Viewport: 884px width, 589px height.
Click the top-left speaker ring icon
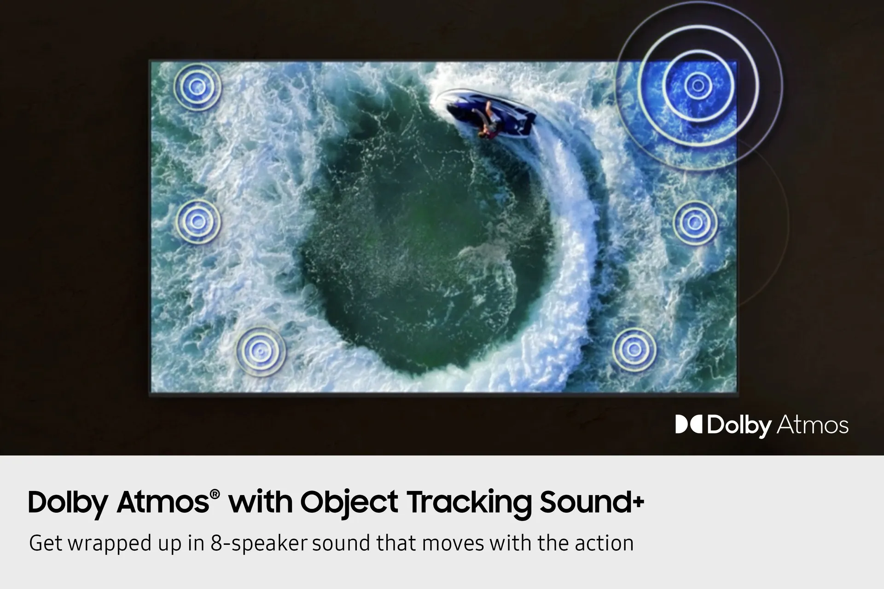pos(198,87)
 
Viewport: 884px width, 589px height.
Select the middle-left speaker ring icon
pos(198,221)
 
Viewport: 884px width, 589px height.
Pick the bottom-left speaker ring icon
pos(261,352)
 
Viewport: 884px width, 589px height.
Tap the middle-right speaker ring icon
pos(695,223)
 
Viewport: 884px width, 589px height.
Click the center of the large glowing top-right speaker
pos(698,85)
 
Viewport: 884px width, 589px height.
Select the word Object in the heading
pos(349,503)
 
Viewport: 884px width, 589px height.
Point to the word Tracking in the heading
pos(469,503)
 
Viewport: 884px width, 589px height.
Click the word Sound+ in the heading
pos(592,502)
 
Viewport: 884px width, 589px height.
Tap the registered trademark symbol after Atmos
pos(215,494)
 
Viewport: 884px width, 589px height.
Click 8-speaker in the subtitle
pos(259,543)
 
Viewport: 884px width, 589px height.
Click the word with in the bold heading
pos(261,502)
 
